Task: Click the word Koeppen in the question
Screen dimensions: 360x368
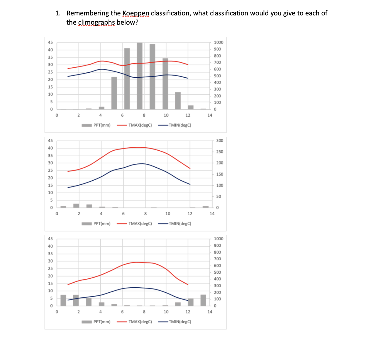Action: pos(136,13)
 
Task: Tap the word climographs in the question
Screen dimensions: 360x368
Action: pos(96,23)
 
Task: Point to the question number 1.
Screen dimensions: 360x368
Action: pos(58,13)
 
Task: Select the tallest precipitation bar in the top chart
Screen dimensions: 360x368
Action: pos(139,76)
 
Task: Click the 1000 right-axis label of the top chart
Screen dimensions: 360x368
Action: pos(218,42)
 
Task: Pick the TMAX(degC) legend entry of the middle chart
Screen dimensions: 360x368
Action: pos(140,224)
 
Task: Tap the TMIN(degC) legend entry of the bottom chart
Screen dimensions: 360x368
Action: pos(180,322)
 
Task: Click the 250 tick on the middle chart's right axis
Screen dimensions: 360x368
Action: pos(220,152)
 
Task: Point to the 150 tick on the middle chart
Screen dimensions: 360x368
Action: pos(220,174)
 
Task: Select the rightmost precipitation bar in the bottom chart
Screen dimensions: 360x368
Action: pos(203,300)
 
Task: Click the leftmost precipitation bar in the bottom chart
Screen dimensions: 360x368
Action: pos(63,300)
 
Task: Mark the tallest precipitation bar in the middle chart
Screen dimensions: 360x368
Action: pos(76,206)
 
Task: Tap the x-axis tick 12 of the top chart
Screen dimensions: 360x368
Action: pos(188,115)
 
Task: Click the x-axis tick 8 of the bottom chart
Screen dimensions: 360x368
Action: pos(144,312)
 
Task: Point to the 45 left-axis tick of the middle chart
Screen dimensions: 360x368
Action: pos(50,141)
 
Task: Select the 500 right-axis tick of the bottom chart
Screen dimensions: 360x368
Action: pos(217,273)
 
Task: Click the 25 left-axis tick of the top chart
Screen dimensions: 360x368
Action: pos(50,72)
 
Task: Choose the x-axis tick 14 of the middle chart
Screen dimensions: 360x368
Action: pos(212,214)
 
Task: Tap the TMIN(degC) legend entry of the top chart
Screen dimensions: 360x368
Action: pos(180,125)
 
